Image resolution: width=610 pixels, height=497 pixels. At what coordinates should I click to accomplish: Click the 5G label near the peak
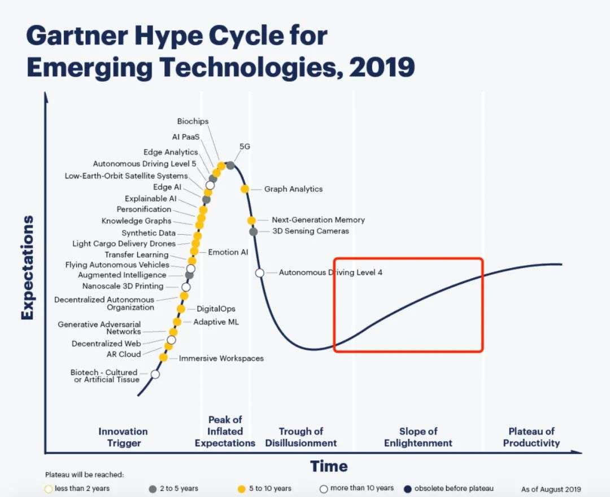point(245,147)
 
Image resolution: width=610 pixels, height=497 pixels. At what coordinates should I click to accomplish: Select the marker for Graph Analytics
point(245,189)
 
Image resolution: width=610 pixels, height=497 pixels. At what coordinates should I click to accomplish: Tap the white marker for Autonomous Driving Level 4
point(260,273)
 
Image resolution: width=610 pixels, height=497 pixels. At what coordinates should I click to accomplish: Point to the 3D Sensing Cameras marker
point(253,232)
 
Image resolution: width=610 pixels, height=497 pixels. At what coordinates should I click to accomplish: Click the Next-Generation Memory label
point(318,220)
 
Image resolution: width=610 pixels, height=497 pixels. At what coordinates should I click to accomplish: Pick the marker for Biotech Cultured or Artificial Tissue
point(155,374)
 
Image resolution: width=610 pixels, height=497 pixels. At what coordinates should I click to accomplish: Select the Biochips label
point(193,121)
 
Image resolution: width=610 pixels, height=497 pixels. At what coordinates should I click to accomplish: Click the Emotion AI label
point(228,252)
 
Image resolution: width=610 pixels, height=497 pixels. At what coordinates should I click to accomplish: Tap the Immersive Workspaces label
point(221,358)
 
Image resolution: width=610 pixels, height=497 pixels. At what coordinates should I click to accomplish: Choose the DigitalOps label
point(216,309)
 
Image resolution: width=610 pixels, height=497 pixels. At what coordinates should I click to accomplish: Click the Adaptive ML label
point(216,322)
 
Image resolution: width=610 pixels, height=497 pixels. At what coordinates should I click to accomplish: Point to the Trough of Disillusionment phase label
point(300,437)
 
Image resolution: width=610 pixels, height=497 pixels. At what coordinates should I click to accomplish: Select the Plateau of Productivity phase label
point(531,437)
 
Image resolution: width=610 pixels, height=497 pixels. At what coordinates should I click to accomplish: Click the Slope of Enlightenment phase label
point(418,437)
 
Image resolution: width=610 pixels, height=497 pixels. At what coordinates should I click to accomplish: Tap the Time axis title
point(329,467)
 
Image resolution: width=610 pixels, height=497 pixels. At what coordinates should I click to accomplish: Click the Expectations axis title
point(27,268)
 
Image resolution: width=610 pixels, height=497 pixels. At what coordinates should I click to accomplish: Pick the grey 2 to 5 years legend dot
point(153,489)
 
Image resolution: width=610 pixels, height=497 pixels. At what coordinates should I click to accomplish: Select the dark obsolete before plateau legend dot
point(408,489)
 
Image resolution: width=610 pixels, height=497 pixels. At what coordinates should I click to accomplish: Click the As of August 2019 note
point(551,489)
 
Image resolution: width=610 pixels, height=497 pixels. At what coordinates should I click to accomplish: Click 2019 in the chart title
point(382,67)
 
